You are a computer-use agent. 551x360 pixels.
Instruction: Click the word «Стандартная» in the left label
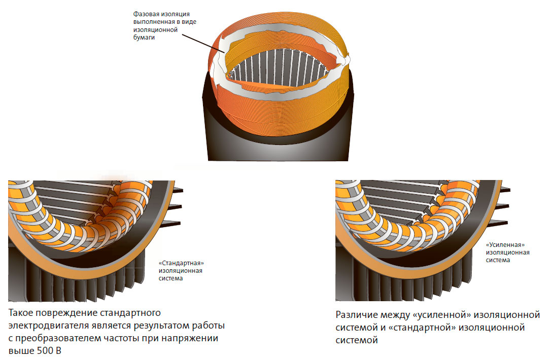pyautogui.click(x=185, y=264)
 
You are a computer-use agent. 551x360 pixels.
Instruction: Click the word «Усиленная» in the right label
pyautogui.click(x=505, y=244)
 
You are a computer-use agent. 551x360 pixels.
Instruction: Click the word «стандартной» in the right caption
pyautogui.click(x=423, y=328)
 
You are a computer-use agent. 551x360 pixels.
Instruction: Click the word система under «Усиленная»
pyautogui.click(x=498, y=261)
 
